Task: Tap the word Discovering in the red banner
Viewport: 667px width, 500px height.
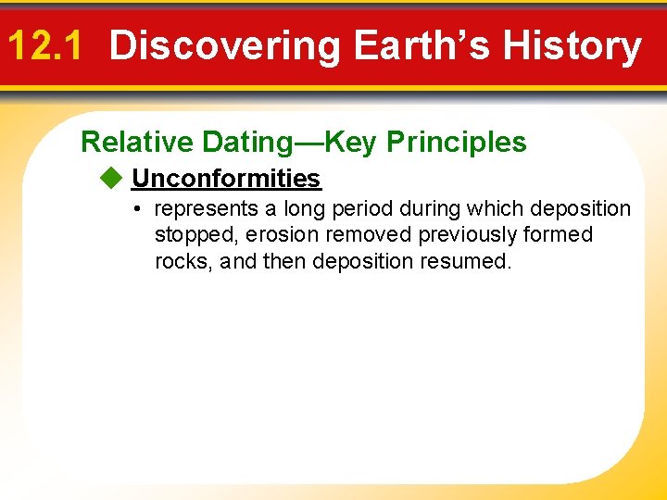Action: [224, 45]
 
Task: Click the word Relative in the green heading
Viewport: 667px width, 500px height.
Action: [137, 142]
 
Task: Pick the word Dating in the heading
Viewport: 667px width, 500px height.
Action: [246, 142]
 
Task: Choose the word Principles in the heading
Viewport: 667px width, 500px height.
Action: [457, 142]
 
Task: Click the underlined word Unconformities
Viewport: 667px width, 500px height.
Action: [226, 178]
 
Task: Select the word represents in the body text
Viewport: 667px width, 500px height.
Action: [206, 209]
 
